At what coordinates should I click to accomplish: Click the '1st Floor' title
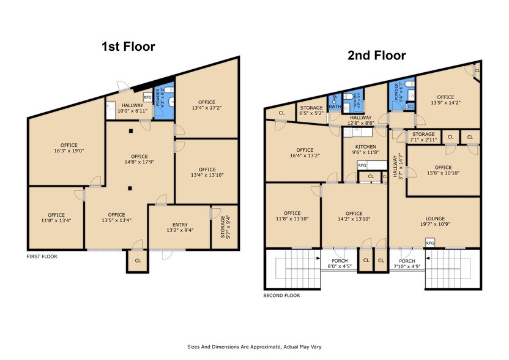128,47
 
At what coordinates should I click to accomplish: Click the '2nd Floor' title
376,56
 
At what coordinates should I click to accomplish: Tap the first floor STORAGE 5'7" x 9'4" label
225,226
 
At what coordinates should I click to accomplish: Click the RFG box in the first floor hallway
147,97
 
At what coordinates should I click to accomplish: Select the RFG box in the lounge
430,243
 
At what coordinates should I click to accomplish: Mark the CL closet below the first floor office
138,260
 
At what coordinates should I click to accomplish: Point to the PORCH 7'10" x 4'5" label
407,263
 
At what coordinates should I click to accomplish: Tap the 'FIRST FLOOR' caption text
42,257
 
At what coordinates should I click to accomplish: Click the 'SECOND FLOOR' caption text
281,296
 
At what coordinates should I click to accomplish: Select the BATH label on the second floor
335,106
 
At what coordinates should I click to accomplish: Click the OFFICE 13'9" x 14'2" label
445,100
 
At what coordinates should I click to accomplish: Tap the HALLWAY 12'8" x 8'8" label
361,121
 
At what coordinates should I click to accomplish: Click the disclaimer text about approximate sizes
254,346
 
